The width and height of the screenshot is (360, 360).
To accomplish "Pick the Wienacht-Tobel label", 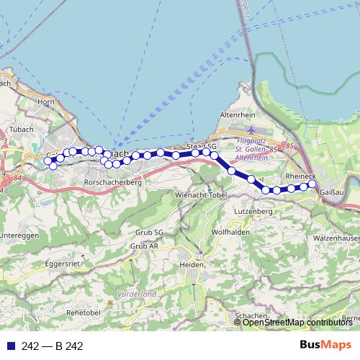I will [x=201, y=195].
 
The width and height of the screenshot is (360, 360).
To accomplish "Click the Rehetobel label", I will [x=86, y=312].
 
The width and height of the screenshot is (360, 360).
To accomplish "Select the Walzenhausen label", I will [x=337, y=237].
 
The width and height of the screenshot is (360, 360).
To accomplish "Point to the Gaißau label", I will [x=330, y=192].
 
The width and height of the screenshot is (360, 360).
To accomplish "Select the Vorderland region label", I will [x=138, y=294].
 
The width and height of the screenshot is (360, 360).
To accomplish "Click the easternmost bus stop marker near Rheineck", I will [x=312, y=184].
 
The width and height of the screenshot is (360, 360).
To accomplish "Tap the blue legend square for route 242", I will [x=9, y=346].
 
